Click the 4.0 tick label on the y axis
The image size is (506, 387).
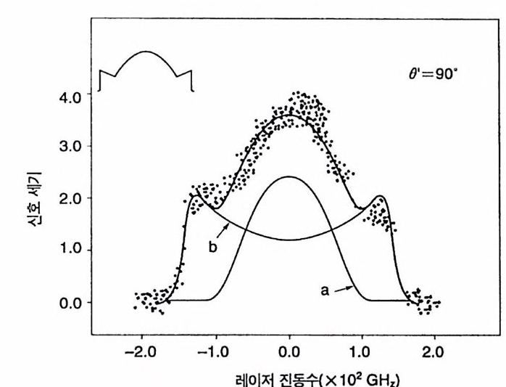coord(72,94)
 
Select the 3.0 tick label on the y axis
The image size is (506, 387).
coord(72,146)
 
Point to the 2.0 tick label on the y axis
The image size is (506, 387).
coord(72,198)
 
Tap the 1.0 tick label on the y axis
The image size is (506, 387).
coord(72,250)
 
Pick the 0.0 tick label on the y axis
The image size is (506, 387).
coord(72,303)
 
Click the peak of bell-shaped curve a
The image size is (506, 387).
coord(289,176)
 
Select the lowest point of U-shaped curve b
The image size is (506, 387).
coord(289,239)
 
